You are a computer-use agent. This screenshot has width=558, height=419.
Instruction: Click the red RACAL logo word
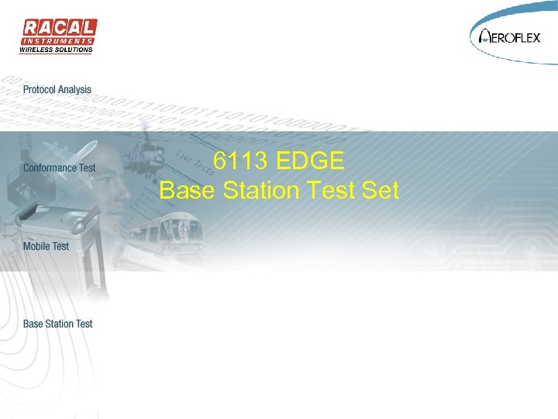click(x=58, y=28)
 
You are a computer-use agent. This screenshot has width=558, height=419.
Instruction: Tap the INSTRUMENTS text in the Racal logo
click(x=58, y=41)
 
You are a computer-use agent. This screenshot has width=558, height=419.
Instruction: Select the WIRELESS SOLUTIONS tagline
click(x=56, y=50)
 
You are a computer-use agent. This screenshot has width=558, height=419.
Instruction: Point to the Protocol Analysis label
click(x=57, y=90)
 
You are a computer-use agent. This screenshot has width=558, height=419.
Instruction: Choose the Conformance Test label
click(x=60, y=168)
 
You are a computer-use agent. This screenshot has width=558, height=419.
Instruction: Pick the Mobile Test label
click(x=46, y=246)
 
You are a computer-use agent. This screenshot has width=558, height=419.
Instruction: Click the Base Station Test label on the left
click(x=58, y=324)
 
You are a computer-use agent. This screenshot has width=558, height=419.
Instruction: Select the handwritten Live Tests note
click(x=194, y=166)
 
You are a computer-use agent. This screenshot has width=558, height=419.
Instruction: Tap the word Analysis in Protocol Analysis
click(x=74, y=90)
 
